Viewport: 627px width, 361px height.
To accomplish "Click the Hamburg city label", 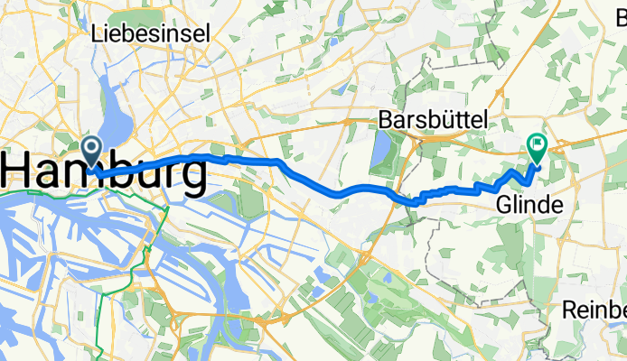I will click(104, 171).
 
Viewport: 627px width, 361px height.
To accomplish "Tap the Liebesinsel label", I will click(151, 33).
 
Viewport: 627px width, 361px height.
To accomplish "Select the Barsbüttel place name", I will click(433, 119).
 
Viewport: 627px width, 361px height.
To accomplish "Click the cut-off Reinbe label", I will click(593, 310).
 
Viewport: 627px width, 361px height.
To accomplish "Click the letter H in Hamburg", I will click(20, 171).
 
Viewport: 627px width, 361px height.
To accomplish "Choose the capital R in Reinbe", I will click(568, 310).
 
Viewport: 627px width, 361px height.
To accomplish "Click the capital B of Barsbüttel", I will click(386, 119).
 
